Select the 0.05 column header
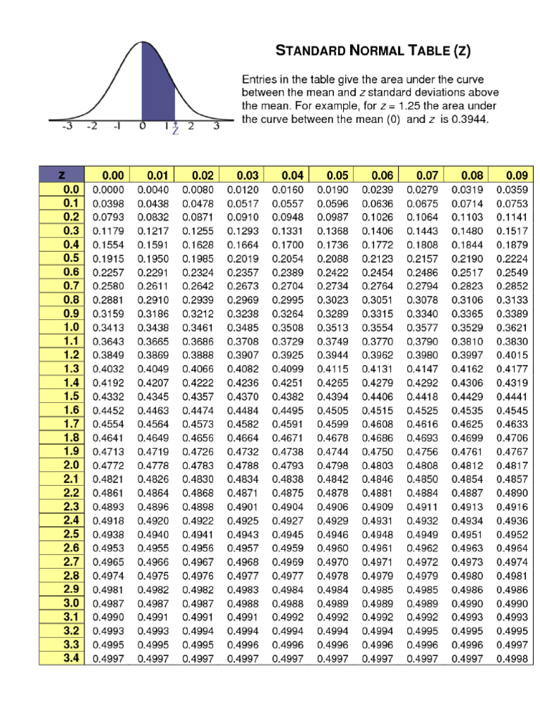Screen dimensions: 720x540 click(333, 175)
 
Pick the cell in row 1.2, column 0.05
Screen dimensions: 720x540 click(333, 354)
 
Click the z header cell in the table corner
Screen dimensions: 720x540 click(61, 175)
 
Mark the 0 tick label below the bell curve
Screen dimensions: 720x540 click(142, 127)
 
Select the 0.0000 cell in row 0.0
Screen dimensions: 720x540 click(107, 189)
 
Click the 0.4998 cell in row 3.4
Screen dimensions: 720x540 click(512, 659)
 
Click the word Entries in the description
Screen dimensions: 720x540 click(260, 79)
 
